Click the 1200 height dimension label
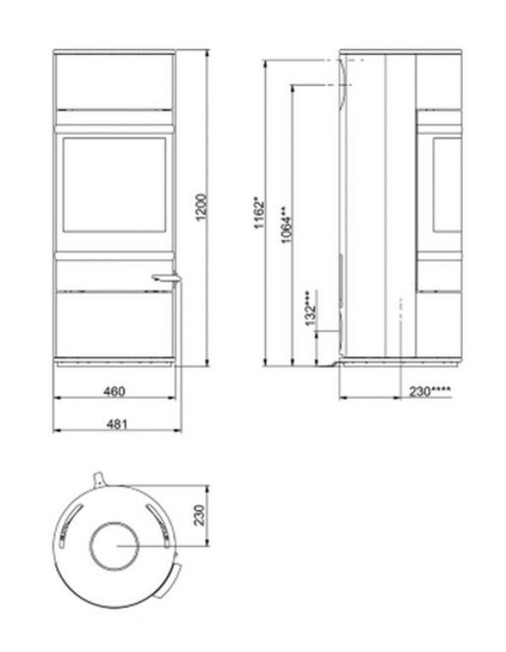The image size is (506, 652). [201, 207]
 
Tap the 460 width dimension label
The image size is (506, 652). [114, 391]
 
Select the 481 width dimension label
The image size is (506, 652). [116, 424]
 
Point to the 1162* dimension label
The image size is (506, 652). [260, 214]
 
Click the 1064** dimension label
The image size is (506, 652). [286, 224]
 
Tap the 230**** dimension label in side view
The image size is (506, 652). [430, 391]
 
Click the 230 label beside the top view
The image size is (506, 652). [200, 515]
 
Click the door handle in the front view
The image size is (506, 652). [166, 278]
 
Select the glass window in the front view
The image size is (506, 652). [115, 184]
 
